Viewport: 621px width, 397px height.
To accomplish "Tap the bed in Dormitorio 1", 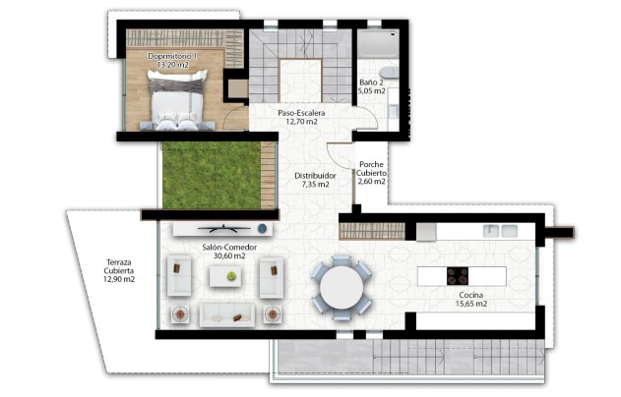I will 177,102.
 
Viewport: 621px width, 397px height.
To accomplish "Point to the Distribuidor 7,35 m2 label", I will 316,180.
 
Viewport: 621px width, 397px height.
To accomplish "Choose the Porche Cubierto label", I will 372,173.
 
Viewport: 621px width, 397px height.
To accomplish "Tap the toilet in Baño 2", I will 387,71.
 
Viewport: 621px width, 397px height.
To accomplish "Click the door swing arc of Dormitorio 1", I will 234,120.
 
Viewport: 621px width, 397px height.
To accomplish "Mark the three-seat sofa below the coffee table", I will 227,313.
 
